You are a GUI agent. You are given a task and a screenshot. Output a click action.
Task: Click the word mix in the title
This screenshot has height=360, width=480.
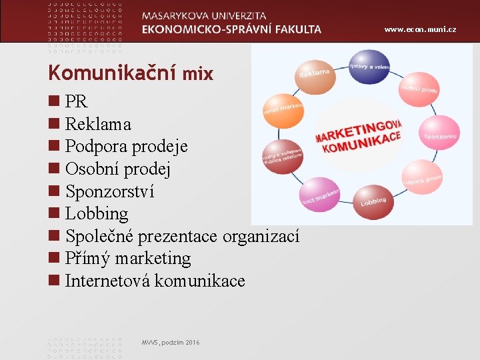pos(198,74)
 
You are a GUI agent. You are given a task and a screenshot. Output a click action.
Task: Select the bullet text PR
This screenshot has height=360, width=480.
pos(77,102)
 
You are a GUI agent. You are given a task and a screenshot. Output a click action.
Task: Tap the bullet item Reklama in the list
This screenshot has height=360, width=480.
pos(98,124)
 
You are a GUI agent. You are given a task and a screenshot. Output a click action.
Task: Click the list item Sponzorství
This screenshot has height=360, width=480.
pos(109,191)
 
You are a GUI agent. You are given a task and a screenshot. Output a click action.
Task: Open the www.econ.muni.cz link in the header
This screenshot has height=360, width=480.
pos(429,30)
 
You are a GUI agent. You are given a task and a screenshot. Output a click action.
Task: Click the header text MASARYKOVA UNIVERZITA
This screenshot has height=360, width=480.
pos(204,15)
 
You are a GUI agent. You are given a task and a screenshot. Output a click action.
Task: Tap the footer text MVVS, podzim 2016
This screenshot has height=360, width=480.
pos(170,343)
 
